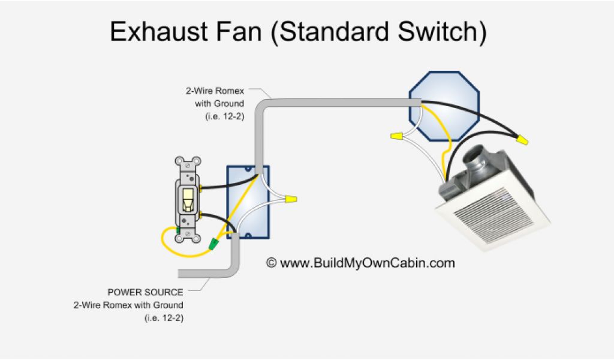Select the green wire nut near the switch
click(212, 244)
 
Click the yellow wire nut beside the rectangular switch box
click(291, 198)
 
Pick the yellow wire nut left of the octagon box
click(396, 137)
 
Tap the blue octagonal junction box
click(444, 105)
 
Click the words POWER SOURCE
click(146, 292)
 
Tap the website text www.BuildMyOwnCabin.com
click(368, 263)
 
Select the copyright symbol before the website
click(271, 263)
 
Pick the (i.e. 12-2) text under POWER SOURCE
click(164, 317)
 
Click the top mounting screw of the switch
click(188, 162)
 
